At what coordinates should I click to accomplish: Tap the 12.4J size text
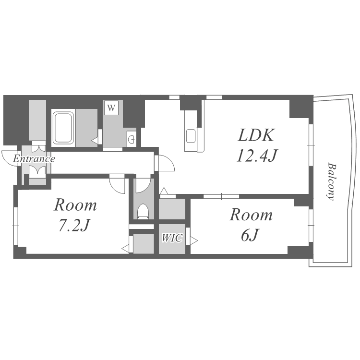click(x=257, y=156)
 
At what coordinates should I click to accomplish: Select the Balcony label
click(x=331, y=181)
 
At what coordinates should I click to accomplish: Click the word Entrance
click(x=34, y=159)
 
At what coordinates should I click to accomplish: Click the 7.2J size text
click(x=74, y=226)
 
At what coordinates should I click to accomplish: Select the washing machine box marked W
click(x=111, y=108)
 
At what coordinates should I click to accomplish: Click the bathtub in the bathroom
click(x=63, y=128)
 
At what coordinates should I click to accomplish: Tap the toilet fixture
click(x=143, y=211)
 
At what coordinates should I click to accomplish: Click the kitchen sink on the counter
click(x=191, y=136)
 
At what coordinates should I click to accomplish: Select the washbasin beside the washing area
click(x=131, y=139)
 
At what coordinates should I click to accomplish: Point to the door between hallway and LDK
click(x=166, y=163)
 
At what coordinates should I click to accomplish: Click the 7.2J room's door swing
click(x=117, y=184)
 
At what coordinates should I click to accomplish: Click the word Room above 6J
click(x=251, y=215)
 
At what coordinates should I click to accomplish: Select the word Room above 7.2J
click(x=75, y=205)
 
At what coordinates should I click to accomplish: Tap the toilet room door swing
click(x=143, y=184)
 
